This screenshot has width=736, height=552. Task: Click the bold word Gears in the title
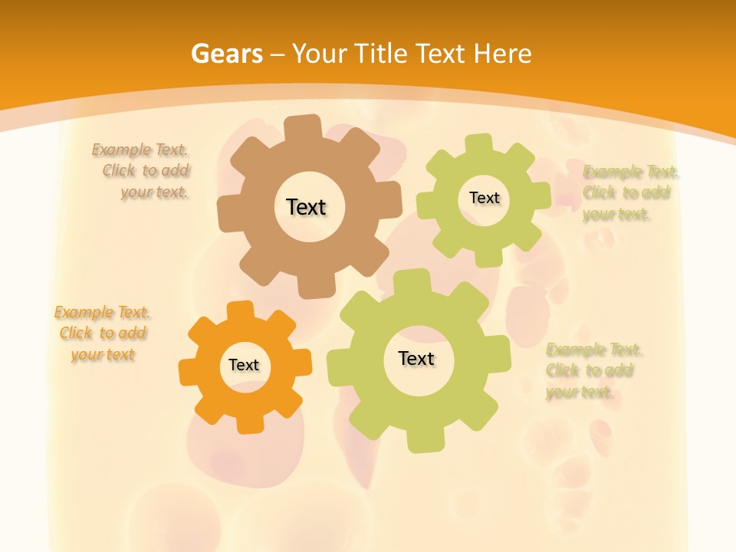click(226, 54)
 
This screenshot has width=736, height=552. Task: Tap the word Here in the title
click(502, 54)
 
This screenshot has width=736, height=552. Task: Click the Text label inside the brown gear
click(306, 207)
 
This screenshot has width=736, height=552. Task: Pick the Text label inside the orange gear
click(244, 366)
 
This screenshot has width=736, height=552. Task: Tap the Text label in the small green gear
click(484, 198)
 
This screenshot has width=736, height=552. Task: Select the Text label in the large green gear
click(416, 359)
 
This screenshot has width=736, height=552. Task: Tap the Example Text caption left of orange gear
click(103, 333)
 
